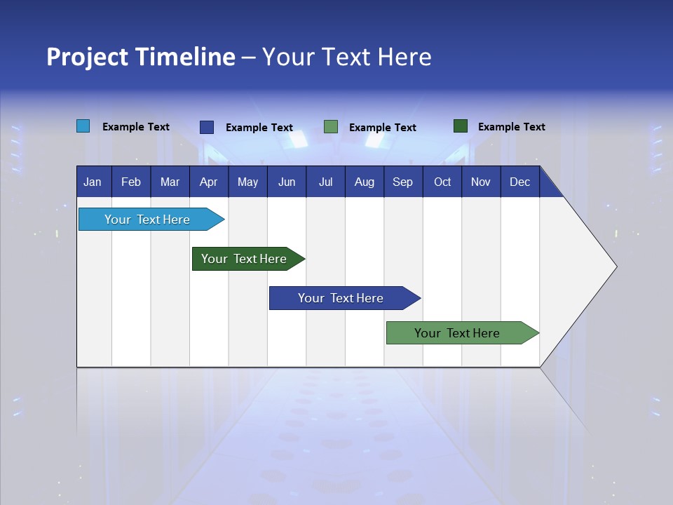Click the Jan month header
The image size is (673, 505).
[x=93, y=182]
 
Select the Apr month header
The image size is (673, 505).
[x=209, y=182]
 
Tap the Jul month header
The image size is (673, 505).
[x=325, y=182]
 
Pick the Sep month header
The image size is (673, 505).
[x=402, y=182]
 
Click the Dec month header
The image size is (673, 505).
[x=519, y=182]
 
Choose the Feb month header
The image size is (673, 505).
[x=131, y=182]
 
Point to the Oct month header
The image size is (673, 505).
[x=442, y=182]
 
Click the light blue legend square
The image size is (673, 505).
[x=83, y=126]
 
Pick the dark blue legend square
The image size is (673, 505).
[x=207, y=127]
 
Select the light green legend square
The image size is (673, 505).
[x=331, y=127]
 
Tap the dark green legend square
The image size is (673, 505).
[x=461, y=126]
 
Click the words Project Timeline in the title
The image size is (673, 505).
[x=141, y=57]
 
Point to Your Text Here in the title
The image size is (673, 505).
[x=347, y=57]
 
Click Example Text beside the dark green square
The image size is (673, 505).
[x=511, y=127]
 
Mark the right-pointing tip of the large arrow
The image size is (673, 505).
[x=615, y=267]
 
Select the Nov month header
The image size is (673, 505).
[x=481, y=182]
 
